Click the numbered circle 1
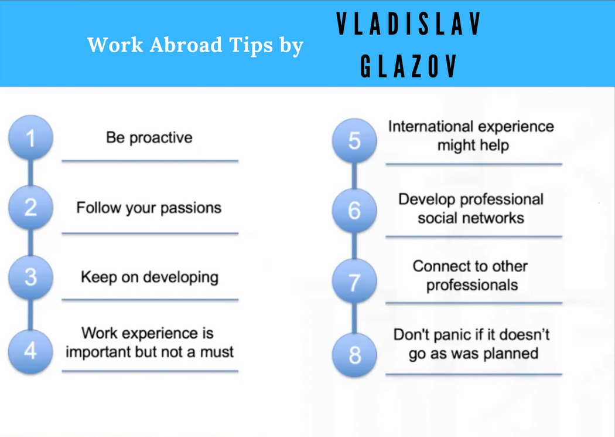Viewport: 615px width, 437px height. pos(30,138)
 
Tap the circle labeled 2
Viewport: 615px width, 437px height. pos(30,207)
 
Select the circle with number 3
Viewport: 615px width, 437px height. pos(30,277)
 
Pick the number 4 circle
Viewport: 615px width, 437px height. pos(30,351)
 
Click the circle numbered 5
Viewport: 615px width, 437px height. pos(354,141)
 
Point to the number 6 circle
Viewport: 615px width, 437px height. pos(354,211)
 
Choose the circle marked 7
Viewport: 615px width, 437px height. pos(354,281)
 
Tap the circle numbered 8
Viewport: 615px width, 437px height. pos(354,355)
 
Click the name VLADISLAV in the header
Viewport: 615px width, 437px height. pos(408,24)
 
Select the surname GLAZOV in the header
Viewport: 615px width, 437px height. pos(408,66)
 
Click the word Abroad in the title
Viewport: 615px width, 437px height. pos(186,45)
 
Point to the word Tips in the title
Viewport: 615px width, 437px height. pos(251,46)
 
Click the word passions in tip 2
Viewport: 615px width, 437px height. pos(191,208)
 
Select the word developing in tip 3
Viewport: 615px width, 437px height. pos(181,277)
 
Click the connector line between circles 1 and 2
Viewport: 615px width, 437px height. pos(30,173)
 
